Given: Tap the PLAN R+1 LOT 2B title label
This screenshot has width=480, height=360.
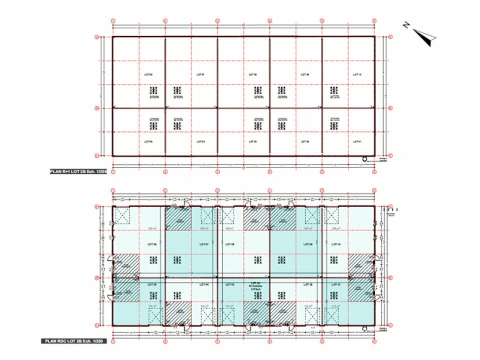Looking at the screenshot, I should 78,172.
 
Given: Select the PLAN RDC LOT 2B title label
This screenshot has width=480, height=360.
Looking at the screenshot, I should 76,341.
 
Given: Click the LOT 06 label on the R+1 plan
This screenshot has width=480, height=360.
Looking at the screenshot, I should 149,75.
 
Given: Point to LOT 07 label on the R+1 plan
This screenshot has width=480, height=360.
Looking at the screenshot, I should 201,75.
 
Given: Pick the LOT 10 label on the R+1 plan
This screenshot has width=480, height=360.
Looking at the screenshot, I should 357,75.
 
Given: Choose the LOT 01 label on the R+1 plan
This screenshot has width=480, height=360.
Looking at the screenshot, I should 357,142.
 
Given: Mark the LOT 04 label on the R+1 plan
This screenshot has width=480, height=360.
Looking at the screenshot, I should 201,142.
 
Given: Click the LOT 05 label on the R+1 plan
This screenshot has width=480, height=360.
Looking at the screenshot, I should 149,142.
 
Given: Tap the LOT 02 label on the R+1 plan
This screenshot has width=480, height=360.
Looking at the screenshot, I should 304,142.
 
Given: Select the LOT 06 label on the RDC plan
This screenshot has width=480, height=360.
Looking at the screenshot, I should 151,245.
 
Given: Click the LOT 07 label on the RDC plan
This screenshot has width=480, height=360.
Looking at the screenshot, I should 203,245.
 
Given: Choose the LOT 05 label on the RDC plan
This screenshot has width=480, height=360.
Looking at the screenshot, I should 151,284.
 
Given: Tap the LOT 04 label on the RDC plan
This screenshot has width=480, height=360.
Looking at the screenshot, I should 203,284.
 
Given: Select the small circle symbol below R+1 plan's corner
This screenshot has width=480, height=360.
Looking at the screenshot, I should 364,159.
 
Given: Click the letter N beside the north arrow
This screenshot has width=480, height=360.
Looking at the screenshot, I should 406,25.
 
